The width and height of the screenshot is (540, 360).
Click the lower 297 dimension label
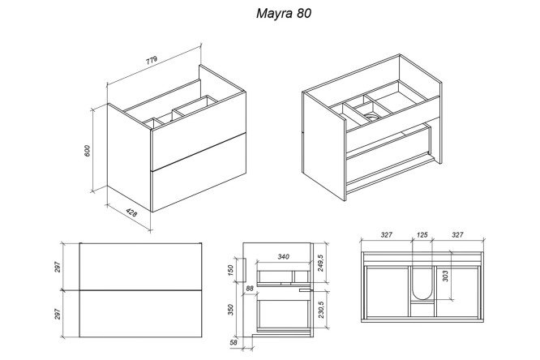click(58, 314)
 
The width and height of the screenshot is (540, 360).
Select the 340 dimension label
click(284, 257)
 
